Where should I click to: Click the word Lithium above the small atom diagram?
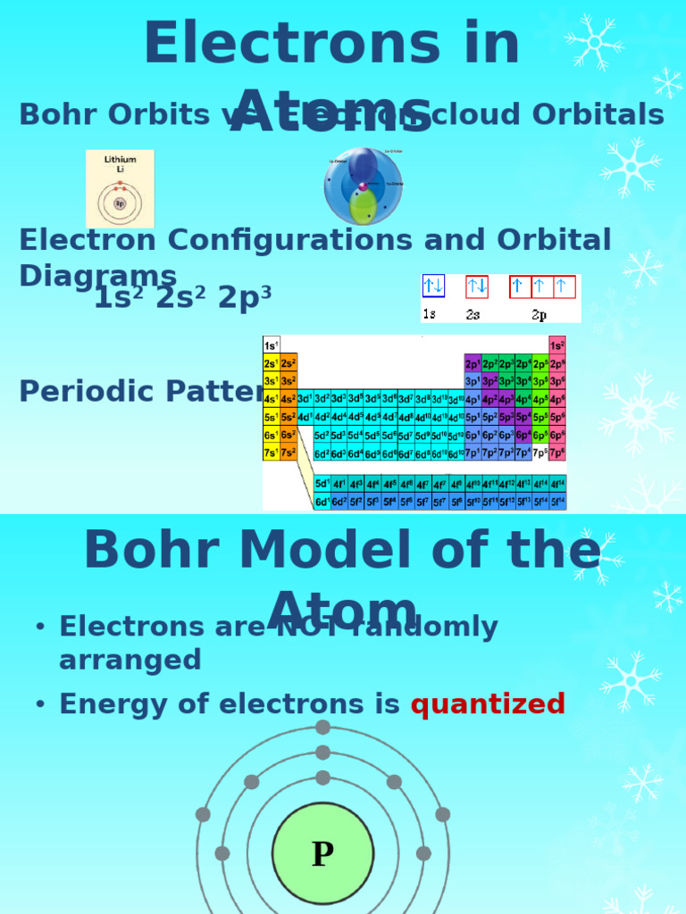pyautogui.click(x=120, y=160)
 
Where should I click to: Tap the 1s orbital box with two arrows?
pyautogui.click(x=433, y=287)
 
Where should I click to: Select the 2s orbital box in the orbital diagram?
pyautogui.click(x=477, y=287)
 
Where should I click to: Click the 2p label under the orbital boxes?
pyautogui.click(x=540, y=315)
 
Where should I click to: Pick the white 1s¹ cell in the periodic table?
pyautogui.click(x=271, y=345)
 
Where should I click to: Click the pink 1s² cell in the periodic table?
pyautogui.click(x=556, y=345)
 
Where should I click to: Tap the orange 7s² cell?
pyautogui.click(x=289, y=453)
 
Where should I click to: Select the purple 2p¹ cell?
pyautogui.click(x=472, y=363)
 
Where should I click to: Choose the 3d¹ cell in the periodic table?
pyautogui.click(x=305, y=399)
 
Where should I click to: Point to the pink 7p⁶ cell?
pyautogui.click(x=556, y=453)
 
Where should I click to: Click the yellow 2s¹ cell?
pyautogui.click(x=271, y=363)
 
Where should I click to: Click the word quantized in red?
pyautogui.click(x=488, y=704)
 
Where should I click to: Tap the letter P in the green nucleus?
pyautogui.click(x=322, y=855)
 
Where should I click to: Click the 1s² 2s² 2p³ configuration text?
pyautogui.click(x=182, y=298)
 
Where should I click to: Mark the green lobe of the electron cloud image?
pyautogui.click(x=363, y=207)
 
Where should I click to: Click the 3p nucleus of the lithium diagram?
pyautogui.click(x=120, y=203)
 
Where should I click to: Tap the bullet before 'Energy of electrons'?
pyautogui.click(x=39, y=705)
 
